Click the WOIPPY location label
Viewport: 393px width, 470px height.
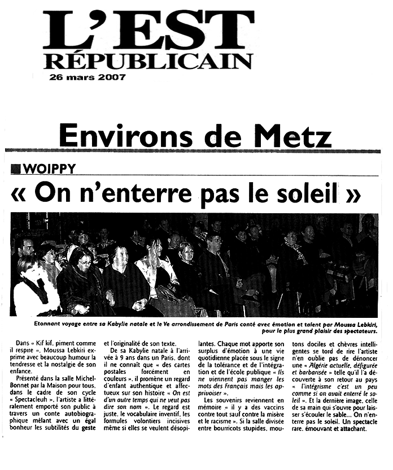tap(49, 169)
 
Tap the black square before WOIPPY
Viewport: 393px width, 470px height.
tap(16, 169)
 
